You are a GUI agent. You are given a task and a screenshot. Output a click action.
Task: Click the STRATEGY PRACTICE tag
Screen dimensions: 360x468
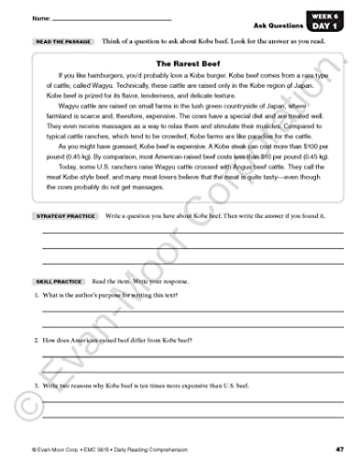point(65,216)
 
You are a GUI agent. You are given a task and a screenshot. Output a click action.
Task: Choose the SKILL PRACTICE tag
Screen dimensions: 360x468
point(57,281)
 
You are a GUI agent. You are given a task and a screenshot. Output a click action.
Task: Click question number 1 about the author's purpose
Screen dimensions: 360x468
point(36,297)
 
